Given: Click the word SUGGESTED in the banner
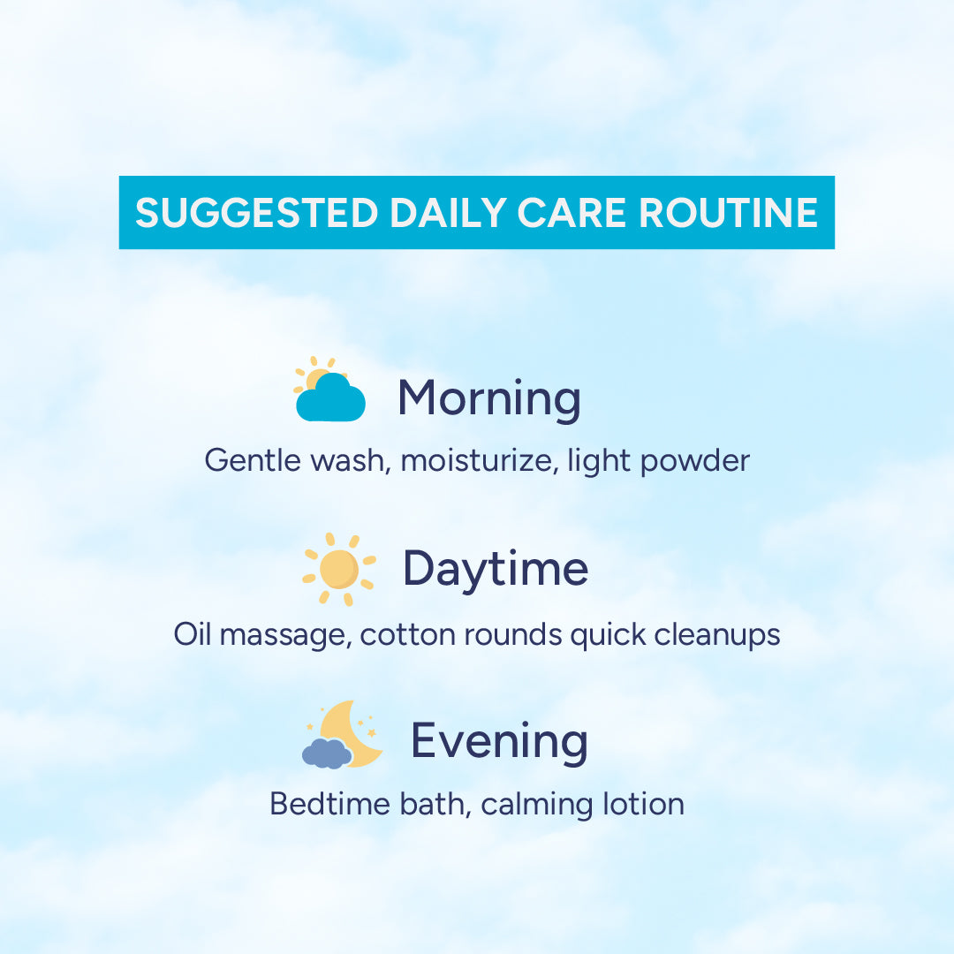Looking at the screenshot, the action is [257, 213].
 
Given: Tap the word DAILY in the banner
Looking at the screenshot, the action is [448, 213].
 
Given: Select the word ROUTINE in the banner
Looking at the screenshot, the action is [728, 213].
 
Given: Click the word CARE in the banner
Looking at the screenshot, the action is [572, 213].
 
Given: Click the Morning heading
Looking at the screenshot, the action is [489, 399].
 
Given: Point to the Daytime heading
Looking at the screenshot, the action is [496, 570].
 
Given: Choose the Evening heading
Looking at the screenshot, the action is [499, 740].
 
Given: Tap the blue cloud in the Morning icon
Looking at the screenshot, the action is [330, 397].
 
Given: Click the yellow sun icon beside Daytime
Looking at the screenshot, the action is [339, 570].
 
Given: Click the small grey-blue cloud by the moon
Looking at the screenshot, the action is [327, 753].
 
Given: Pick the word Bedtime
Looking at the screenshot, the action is [329, 805].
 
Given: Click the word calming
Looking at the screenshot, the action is [537, 806].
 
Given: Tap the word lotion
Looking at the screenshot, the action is [644, 805].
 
